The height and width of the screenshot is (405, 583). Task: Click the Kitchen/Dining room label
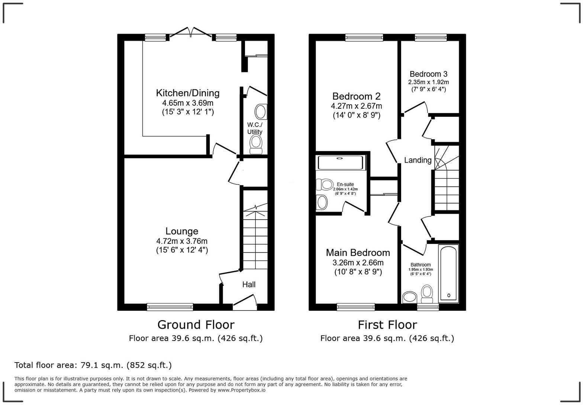tap(187, 93)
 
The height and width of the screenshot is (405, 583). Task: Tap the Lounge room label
tap(181, 231)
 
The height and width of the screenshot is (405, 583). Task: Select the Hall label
tap(249, 285)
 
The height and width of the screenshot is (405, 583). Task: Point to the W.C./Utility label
tap(255, 128)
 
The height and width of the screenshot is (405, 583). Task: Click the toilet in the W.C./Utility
tap(255, 144)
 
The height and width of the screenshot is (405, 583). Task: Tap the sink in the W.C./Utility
tap(260, 111)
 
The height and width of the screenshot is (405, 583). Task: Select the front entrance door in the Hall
tap(245, 302)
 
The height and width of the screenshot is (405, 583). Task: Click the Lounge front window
tap(170, 307)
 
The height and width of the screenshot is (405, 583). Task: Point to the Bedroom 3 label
tap(428, 74)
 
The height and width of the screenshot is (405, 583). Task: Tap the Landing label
tap(418, 160)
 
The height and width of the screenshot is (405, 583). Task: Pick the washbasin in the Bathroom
tap(410, 297)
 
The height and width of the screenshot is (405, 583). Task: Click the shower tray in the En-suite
tap(340, 163)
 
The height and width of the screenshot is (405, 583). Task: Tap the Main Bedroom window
tap(355, 307)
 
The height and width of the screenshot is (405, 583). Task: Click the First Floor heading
tap(387, 325)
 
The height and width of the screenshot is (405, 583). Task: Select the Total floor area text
tap(93, 365)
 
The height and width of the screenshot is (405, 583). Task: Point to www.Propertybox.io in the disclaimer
tap(241, 390)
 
